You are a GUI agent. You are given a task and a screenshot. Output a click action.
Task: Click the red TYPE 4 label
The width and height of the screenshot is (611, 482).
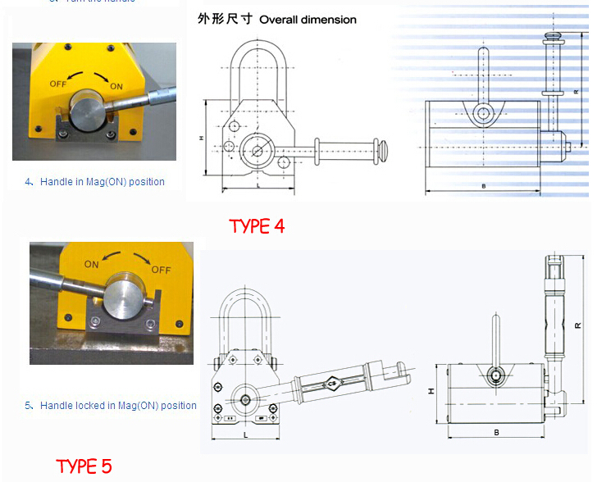[x=257, y=226]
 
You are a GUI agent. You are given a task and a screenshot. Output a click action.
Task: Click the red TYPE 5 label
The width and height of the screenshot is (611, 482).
[x=84, y=466]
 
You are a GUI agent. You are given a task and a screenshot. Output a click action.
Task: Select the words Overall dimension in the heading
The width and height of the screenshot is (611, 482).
[x=308, y=20]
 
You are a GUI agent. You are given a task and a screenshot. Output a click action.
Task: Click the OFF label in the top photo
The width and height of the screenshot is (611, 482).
[x=57, y=84]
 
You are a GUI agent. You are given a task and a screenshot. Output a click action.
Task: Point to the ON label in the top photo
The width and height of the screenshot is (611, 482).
[x=116, y=86]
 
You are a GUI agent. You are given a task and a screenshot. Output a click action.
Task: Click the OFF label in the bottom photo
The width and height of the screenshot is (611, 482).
[x=161, y=270]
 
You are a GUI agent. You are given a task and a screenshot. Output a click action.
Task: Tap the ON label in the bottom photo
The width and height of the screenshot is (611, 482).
[x=91, y=265]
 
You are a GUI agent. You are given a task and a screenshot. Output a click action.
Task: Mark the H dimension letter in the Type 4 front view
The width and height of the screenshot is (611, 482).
[x=201, y=139]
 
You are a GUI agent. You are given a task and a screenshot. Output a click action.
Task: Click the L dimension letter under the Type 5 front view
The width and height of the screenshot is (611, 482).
[x=246, y=435]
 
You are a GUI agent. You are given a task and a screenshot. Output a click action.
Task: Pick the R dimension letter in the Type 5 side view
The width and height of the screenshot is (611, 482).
[x=578, y=325]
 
